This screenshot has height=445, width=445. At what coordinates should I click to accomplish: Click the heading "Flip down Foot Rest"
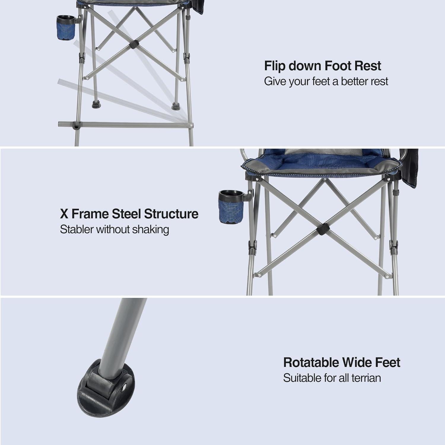pyautogui.click(x=322, y=66)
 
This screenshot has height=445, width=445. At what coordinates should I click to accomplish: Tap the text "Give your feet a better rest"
pyautogui.click(x=326, y=81)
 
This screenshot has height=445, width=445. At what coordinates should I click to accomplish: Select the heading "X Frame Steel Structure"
pyautogui.click(x=129, y=214)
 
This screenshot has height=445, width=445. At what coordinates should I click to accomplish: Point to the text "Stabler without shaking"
pyautogui.click(x=114, y=229)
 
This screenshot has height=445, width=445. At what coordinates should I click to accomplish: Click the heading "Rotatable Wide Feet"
pyautogui.click(x=341, y=363)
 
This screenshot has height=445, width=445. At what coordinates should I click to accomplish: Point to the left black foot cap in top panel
pyautogui.click(x=96, y=104)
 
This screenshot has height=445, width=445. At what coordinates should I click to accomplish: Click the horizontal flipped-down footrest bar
pyautogui.click(x=125, y=125)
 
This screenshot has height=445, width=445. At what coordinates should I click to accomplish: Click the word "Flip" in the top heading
pyautogui.click(x=275, y=66)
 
